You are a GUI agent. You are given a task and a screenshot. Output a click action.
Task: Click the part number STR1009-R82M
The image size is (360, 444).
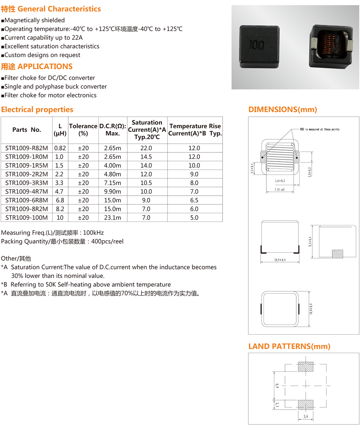point(27,148)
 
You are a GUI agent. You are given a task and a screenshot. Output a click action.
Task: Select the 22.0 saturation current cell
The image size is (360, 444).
point(146,148)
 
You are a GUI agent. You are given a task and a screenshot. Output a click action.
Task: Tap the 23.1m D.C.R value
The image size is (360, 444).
point(112,218)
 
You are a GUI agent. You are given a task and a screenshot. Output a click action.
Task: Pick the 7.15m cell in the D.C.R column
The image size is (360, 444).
point(112,183)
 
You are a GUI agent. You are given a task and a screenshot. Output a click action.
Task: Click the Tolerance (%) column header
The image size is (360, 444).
point(83,130)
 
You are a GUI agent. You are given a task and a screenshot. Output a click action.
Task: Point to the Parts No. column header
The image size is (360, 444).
point(27,130)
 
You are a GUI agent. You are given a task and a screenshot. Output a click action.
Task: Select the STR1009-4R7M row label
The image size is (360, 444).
point(27,191)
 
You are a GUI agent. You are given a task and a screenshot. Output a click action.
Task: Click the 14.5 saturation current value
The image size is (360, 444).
point(146,157)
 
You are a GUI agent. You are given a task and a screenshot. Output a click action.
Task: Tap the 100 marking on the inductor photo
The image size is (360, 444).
point(256,45)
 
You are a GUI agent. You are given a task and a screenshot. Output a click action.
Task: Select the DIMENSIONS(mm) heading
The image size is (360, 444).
point(283,110)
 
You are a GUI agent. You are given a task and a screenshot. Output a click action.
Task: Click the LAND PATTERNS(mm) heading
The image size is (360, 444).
point(289,346)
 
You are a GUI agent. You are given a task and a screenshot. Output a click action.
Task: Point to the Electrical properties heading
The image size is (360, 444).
point(37,110)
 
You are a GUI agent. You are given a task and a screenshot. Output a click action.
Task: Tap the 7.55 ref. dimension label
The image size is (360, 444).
point(280,189)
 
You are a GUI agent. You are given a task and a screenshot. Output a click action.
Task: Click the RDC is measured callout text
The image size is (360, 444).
point(319,129)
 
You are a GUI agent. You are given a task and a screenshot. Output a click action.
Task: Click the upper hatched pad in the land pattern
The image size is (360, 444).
point(305,367)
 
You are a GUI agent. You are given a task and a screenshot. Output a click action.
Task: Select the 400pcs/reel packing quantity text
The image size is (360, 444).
point(107,241)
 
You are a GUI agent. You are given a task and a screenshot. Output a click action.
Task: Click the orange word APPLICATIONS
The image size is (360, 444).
point(45,66)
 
